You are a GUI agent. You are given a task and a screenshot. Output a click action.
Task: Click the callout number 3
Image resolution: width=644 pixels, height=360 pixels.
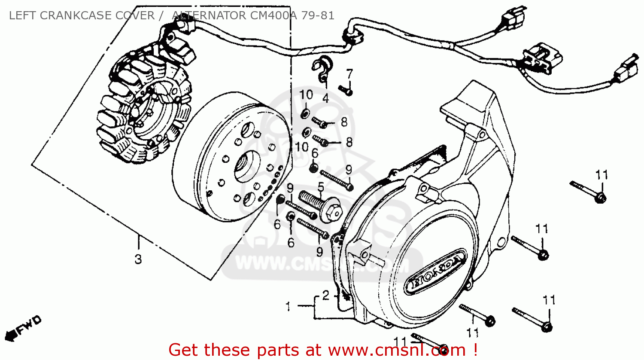138,259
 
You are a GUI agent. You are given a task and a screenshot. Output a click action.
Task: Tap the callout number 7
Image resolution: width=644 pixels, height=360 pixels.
349,74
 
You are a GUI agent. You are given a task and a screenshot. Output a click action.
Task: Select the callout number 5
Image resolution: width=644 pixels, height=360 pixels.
321,187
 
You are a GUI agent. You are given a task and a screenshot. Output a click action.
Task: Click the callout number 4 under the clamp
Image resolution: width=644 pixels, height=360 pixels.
325,98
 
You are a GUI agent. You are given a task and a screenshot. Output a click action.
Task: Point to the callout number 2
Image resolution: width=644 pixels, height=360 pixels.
326,295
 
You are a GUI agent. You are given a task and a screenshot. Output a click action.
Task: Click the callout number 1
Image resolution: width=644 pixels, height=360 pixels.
288,306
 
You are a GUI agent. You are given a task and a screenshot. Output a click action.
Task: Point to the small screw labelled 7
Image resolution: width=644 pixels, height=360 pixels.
346,90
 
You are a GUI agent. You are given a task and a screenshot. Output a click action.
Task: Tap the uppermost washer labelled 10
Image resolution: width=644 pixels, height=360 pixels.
305,114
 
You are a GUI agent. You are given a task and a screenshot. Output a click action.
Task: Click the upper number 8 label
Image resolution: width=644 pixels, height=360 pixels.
344,122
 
